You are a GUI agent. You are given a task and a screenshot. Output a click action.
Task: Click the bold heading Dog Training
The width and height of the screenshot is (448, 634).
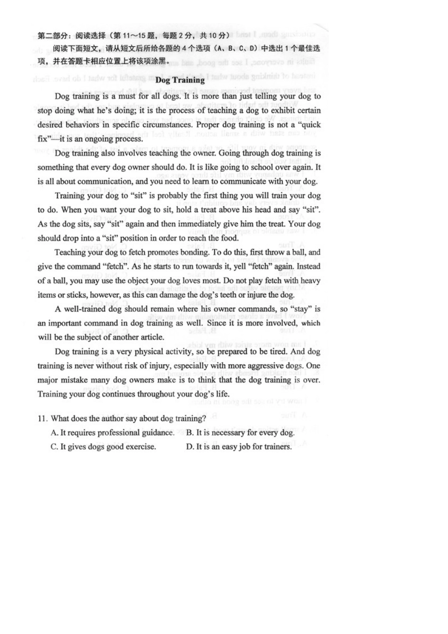180,80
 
